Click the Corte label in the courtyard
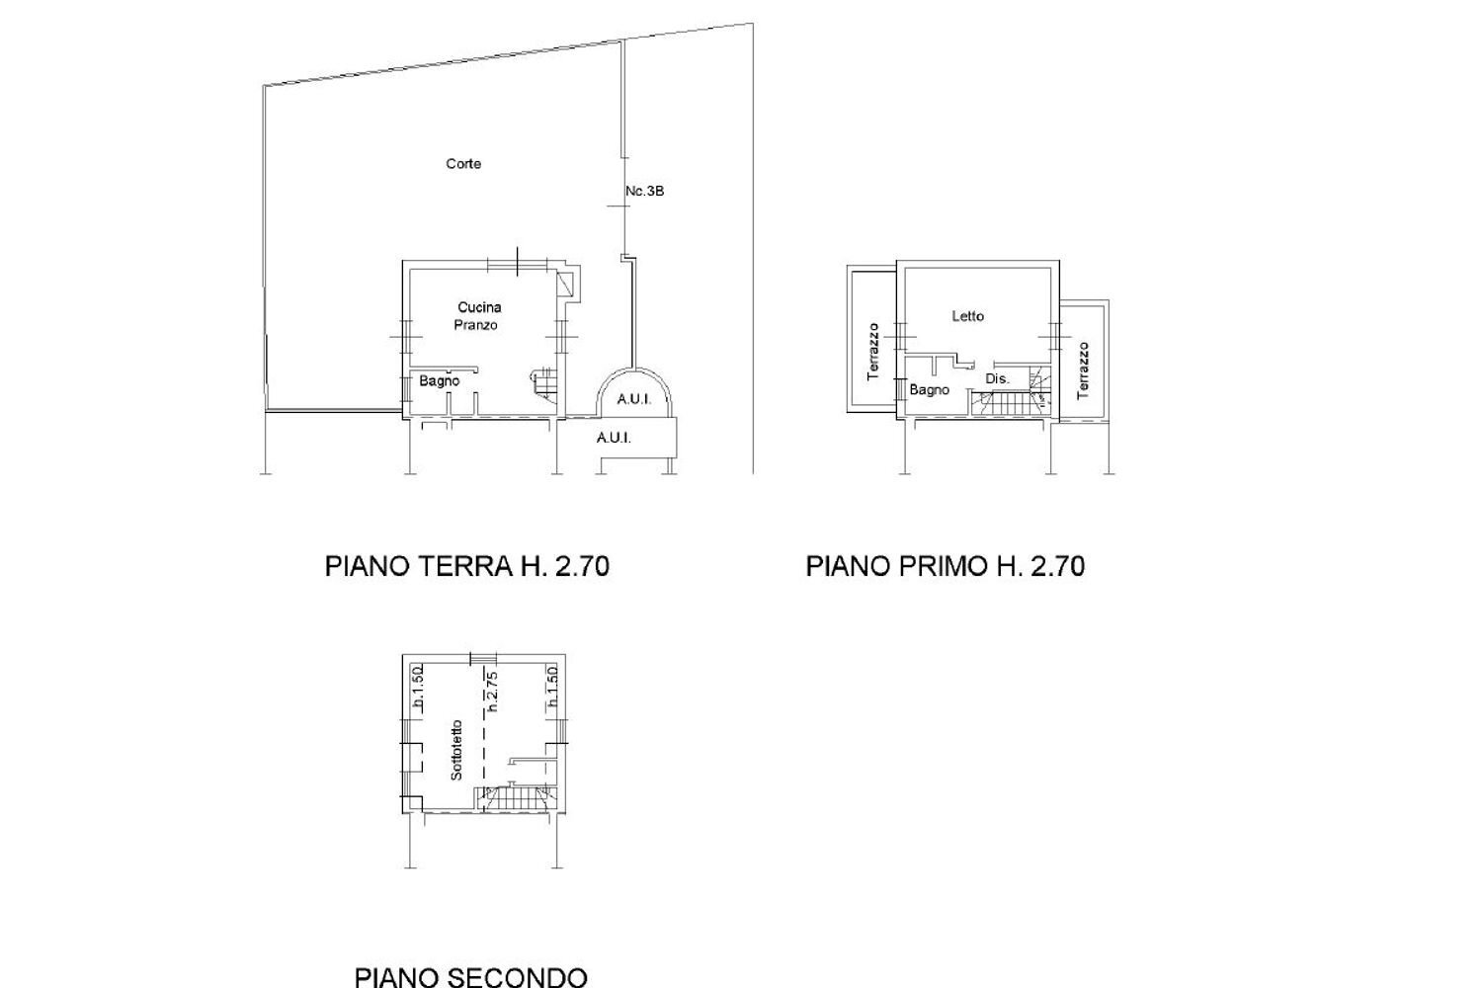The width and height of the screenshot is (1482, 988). (x=463, y=164)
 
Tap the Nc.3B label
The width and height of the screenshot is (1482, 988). (x=645, y=191)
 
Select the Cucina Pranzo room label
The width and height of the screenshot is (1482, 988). (x=478, y=316)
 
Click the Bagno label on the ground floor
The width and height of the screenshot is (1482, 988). (x=439, y=380)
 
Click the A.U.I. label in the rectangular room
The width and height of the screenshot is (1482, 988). (x=614, y=438)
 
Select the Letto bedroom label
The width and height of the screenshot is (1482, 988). (x=967, y=316)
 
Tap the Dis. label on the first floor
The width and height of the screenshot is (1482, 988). (x=997, y=378)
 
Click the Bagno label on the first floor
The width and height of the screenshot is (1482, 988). (x=929, y=389)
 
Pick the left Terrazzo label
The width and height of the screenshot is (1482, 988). (x=872, y=352)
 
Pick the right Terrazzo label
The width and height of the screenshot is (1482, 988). (x=1083, y=370)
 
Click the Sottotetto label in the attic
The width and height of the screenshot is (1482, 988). (x=456, y=750)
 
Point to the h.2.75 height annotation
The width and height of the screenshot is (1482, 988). (x=491, y=692)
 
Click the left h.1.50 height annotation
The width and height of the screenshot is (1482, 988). (x=418, y=689)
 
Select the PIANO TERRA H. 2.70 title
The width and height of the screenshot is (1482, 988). (x=466, y=566)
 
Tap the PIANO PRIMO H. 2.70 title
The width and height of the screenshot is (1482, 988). (x=945, y=566)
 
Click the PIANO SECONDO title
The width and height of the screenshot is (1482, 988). (x=470, y=977)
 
